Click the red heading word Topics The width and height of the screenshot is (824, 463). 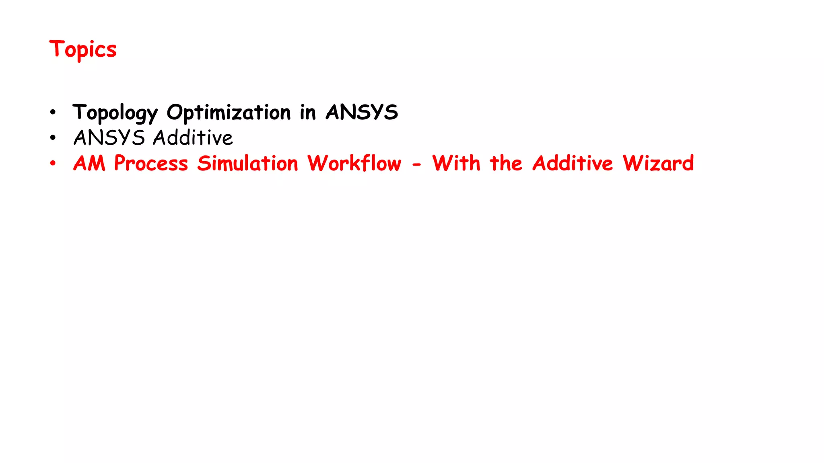[x=83, y=49]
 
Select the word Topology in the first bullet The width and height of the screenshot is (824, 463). [x=115, y=113]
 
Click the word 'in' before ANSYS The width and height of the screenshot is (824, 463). [x=308, y=112]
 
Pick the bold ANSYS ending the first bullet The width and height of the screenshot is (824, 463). [x=362, y=112]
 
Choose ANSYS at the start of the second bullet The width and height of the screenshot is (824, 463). [x=109, y=138]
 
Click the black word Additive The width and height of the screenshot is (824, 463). [x=193, y=138]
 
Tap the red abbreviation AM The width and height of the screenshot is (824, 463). [x=89, y=164]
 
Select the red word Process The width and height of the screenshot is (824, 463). [x=151, y=164]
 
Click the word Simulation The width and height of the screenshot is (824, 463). [x=247, y=164]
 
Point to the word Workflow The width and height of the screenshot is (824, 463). [x=354, y=164]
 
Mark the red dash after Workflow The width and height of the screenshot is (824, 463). [x=416, y=164]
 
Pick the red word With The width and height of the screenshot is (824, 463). [x=456, y=164]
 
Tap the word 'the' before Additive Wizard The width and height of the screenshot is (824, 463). [x=506, y=164]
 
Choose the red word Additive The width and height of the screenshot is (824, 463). [x=573, y=164]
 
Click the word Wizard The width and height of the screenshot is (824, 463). [x=658, y=164]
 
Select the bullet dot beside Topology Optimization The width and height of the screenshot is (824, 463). [x=53, y=113]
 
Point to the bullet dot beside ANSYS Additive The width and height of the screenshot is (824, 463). [x=53, y=138]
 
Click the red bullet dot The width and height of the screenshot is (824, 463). [x=53, y=164]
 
